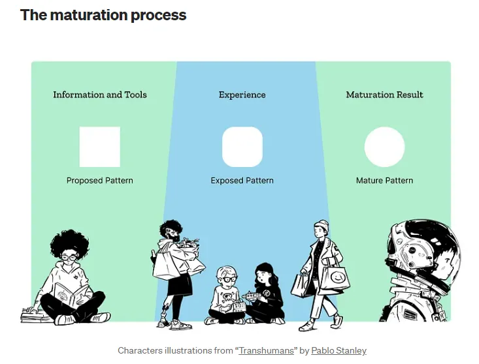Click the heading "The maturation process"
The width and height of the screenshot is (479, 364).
[103, 15]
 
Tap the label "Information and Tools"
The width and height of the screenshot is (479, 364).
[100, 95]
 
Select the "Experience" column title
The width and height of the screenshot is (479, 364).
[242, 95]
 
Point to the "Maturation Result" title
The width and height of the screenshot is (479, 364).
[384, 95]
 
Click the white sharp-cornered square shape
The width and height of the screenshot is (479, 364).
[100, 147]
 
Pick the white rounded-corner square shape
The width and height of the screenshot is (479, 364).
[242, 147]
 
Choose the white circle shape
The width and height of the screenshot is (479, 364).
[384, 147]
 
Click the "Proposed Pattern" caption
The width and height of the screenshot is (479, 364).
[100, 181]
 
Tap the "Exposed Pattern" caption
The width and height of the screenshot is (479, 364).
[242, 181]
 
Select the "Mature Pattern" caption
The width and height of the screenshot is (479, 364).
[384, 181]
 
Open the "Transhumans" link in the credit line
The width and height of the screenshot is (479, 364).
[266, 351]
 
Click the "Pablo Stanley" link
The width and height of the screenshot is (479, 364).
[339, 351]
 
